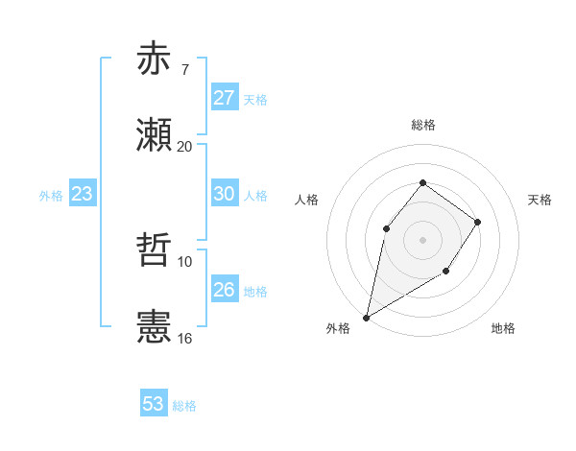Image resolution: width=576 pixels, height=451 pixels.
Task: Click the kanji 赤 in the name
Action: [154, 59]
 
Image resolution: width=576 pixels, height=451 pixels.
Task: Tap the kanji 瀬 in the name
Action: [154, 135]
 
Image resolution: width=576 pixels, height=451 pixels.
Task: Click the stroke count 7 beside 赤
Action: [184, 69]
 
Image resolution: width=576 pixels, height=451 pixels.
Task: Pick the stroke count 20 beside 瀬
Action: [184, 146]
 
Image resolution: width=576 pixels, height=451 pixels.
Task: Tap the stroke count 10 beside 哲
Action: [184, 261]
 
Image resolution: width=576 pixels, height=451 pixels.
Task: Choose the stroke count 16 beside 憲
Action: [184, 338]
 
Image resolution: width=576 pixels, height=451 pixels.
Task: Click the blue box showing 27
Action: [224, 98]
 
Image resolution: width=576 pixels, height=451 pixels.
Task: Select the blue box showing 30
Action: [224, 194]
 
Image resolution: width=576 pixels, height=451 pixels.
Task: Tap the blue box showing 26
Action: [224, 290]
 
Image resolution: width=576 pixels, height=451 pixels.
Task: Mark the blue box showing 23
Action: [83, 194]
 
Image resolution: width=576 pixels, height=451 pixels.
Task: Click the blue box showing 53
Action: [154, 404]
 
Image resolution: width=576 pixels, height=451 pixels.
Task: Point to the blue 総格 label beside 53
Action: [184, 406]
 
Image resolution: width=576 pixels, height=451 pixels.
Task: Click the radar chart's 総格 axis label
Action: [422, 125]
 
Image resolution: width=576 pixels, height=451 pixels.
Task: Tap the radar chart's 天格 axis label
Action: [540, 200]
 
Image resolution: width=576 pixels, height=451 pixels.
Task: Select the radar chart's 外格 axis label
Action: [337, 328]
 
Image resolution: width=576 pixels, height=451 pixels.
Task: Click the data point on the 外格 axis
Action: [366, 317]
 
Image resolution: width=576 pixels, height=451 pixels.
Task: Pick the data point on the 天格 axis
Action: [477, 222]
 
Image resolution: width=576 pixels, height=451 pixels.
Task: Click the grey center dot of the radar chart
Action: [422, 239]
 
